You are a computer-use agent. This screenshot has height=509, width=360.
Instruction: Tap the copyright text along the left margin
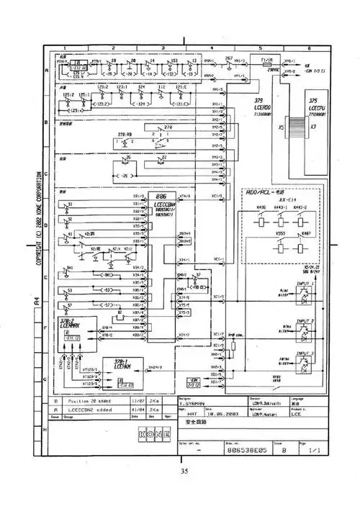(42, 216)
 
